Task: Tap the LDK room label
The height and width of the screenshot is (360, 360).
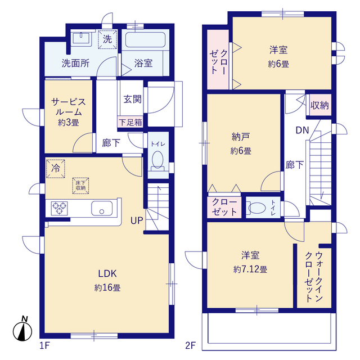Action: click(x=107, y=273)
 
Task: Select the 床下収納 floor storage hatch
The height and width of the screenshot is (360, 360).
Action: click(x=80, y=186)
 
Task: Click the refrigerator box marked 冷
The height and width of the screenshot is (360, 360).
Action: click(x=56, y=169)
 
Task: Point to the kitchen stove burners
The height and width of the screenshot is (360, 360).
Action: click(x=59, y=208)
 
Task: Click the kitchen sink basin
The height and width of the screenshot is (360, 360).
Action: click(x=102, y=208)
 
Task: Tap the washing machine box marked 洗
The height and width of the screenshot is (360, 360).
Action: click(x=107, y=39)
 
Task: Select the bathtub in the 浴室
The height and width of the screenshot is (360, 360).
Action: click(x=145, y=39)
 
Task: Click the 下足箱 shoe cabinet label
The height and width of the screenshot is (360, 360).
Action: click(x=130, y=122)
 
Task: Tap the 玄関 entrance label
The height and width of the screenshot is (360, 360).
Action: click(x=133, y=99)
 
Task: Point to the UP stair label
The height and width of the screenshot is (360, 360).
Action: click(x=137, y=220)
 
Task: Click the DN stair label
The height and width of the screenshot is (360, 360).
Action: click(x=302, y=130)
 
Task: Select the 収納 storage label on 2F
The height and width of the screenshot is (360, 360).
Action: click(x=319, y=105)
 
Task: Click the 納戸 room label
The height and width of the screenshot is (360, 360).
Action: click(x=241, y=137)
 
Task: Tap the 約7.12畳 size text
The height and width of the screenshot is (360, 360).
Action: click(x=250, y=269)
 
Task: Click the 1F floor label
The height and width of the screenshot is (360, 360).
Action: click(x=44, y=345)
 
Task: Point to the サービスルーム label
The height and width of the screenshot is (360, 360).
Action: click(x=69, y=107)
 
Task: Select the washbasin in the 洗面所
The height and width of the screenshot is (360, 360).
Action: click(x=81, y=38)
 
